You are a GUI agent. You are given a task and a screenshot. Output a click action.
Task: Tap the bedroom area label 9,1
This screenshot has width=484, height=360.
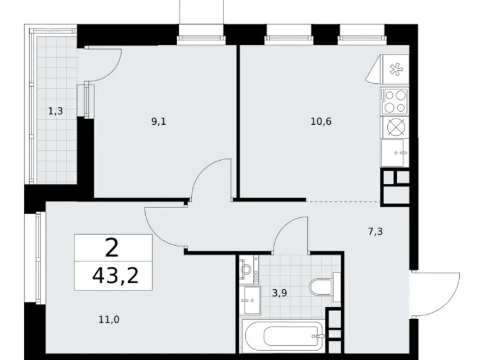[159, 122]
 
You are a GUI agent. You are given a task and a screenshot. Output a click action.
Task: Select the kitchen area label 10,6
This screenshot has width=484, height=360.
[321, 122]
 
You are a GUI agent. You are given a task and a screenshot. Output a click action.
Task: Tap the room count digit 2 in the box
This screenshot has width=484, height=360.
[112, 248]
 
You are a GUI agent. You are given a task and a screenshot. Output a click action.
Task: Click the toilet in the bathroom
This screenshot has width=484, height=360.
[324, 287]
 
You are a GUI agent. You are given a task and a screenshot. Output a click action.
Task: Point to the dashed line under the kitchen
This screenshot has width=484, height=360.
[344, 202]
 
